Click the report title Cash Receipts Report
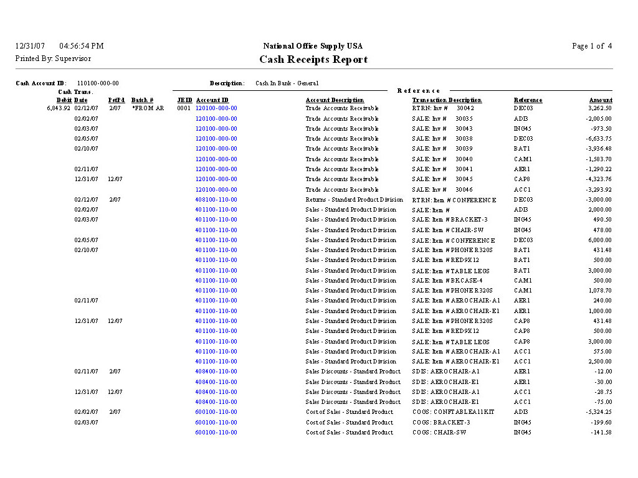point(313,60)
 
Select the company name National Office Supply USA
point(313,46)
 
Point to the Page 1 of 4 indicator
point(592,46)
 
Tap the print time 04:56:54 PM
point(82,46)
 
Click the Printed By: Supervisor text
point(53,59)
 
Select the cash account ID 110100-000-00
point(98,83)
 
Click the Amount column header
point(601,100)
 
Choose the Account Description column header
point(335,100)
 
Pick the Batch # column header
point(142,100)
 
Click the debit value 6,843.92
point(59,108)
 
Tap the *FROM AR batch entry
point(148,108)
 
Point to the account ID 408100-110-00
point(216,200)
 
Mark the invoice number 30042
point(465,108)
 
